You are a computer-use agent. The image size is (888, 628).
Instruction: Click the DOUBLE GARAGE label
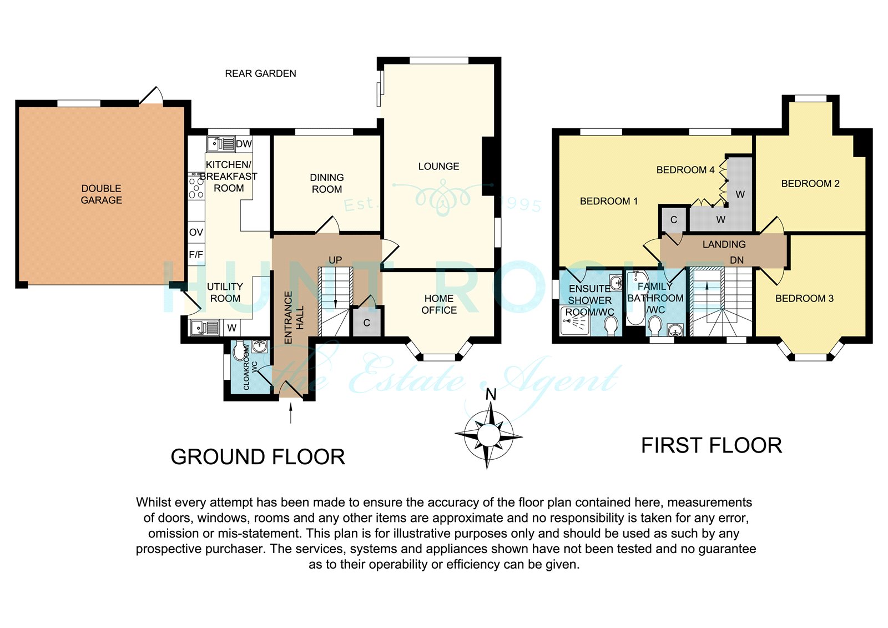pos(101,194)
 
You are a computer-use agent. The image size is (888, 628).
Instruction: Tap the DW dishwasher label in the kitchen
pos(244,144)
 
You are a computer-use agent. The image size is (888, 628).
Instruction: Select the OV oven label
pos(196,233)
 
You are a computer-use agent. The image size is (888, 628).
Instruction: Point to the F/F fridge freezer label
pos(196,254)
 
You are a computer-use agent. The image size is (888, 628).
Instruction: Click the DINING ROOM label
pos(327,183)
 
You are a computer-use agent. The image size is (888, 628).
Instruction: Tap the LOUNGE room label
pos(438,166)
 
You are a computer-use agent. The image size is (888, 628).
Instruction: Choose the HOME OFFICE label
pos(439,304)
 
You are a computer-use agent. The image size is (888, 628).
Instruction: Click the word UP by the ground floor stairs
pos(335,260)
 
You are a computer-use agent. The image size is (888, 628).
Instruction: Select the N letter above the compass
pos(491,395)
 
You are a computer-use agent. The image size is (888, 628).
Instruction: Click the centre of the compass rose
pos(488,435)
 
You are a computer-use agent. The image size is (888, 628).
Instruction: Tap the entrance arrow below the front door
pos(291,413)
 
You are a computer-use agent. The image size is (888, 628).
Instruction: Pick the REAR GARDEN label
pos(260,74)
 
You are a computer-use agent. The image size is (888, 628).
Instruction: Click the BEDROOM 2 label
pos(810,184)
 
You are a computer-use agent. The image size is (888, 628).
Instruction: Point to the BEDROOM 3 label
pos(804,298)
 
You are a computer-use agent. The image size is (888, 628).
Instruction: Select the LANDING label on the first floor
pos(724,244)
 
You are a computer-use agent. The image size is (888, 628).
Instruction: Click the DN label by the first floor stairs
pos(736,260)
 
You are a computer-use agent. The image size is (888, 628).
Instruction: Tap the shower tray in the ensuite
pos(575,320)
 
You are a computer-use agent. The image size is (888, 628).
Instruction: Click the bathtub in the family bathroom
pos(636,298)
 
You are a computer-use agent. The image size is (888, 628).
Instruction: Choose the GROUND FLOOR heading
pos(258,457)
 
